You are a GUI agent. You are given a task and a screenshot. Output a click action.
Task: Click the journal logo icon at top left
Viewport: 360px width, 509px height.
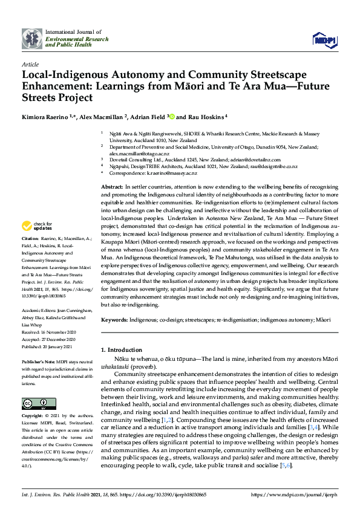click(x=32, y=38)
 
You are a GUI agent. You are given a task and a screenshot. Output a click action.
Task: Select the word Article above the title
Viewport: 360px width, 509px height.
click(x=30, y=63)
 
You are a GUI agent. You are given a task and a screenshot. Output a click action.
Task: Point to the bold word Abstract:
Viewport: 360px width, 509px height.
click(x=111, y=189)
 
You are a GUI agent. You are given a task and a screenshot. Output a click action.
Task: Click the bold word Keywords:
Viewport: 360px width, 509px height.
click(x=114, y=319)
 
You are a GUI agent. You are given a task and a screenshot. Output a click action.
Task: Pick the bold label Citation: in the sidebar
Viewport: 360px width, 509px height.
click(x=31, y=256)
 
